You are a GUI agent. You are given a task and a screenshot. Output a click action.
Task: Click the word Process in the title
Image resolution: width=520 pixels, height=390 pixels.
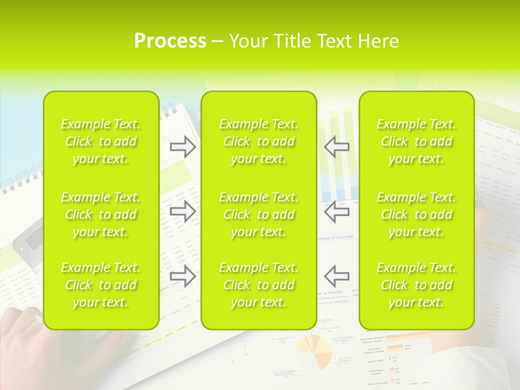point(170,41)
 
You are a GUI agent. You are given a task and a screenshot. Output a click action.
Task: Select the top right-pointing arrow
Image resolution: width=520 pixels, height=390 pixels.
point(183,147)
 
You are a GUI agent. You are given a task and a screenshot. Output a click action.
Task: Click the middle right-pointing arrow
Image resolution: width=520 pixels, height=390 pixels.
point(183,211)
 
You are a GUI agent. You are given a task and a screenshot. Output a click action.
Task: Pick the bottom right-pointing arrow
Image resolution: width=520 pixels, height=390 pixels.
point(183,276)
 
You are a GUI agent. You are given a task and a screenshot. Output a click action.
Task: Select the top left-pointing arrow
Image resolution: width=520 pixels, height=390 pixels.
point(336,147)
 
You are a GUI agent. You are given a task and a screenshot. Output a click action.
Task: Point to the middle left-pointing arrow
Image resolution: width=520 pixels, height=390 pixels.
point(336,211)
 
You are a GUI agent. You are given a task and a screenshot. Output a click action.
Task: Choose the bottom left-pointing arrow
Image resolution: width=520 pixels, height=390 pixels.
point(336,276)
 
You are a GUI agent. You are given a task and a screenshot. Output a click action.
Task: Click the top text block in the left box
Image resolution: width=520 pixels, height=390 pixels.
point(101,141)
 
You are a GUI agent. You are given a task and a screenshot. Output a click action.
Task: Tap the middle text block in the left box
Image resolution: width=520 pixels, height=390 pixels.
point(101,214)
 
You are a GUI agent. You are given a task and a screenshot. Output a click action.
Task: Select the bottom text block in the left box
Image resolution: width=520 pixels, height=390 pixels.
point(101,285)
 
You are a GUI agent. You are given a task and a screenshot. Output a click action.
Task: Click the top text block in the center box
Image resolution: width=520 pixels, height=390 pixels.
point(259,141)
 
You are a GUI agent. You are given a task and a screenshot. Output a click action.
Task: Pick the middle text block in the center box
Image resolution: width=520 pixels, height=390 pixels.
point(259,214)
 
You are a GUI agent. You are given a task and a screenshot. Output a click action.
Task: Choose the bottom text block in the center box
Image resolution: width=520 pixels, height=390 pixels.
point(259,285)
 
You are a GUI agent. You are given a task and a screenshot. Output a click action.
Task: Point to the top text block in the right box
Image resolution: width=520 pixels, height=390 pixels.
point(417,141)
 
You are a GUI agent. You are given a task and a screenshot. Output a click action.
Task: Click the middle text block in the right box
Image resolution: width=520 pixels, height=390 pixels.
point(417,214)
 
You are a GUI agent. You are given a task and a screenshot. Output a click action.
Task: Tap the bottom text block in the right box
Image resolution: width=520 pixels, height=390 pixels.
point(417,285)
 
